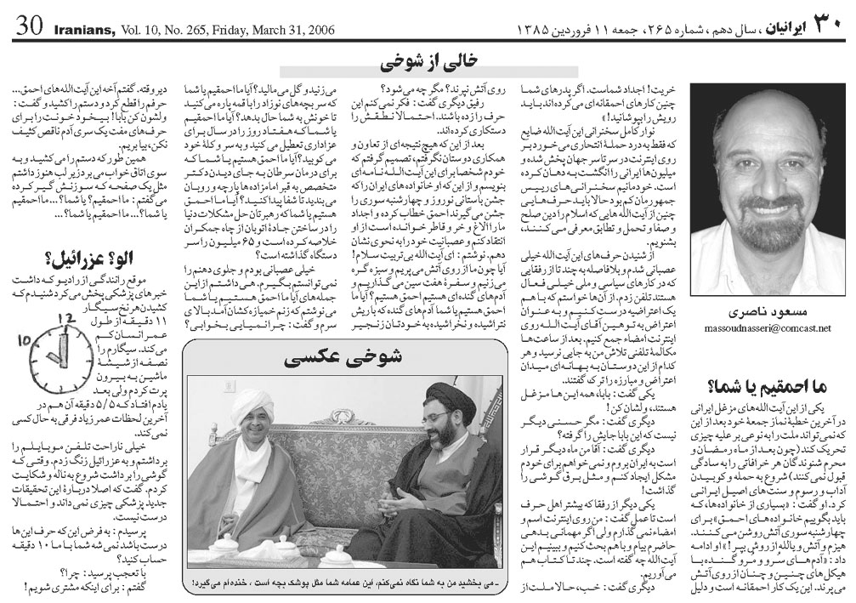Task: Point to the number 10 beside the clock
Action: pyautogui.click(x=24, y=341)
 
